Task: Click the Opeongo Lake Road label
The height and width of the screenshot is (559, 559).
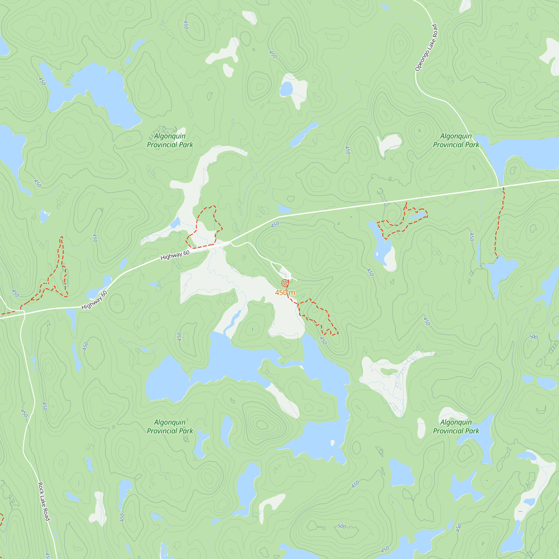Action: [x=426, y=48]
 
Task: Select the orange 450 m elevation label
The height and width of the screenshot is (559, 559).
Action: [x=285, y=293]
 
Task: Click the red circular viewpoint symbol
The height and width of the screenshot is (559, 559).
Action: [x=285, y=283]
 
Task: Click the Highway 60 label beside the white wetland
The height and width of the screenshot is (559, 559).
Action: [x=175, y=255]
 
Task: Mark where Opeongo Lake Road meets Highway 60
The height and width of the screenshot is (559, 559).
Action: [x=499, y=187]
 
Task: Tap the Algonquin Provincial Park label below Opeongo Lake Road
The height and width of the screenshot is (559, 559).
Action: [x=456, y=140]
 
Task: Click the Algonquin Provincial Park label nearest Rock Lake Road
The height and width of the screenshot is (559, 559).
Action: [x=170, y=427]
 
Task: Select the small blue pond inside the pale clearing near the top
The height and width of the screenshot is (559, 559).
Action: [x=286, y=89]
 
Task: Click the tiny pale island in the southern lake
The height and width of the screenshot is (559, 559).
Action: [x=332, y=443]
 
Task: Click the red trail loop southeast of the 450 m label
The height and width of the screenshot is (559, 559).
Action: [x=318, y=317]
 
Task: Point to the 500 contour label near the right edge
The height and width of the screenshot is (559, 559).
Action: [x=533, y=337]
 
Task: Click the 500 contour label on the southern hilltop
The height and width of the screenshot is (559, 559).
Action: [x=342, y=526]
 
